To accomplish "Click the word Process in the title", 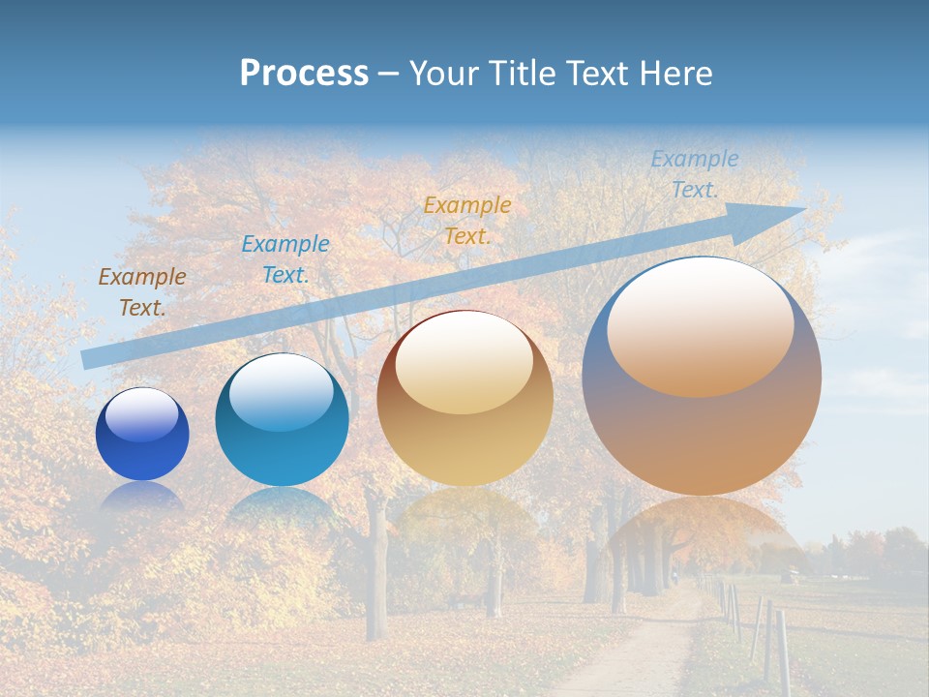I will point(304,74).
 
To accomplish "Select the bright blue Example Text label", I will point(285,259).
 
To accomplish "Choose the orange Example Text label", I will point(467,220).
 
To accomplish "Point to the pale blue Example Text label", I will point(694,174).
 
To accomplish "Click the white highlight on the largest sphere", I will point(700,327).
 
